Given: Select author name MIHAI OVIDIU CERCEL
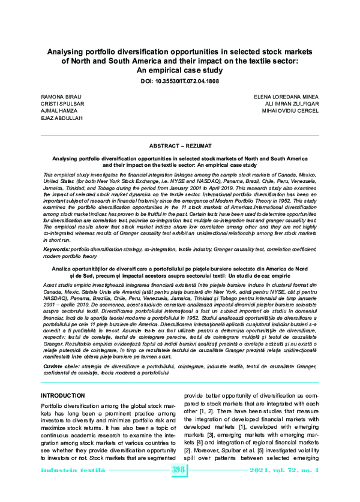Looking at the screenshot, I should tap(287, 111).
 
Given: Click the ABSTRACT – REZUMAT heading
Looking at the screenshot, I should tap(180, 146).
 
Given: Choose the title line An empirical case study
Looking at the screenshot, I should tap(180, 70).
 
